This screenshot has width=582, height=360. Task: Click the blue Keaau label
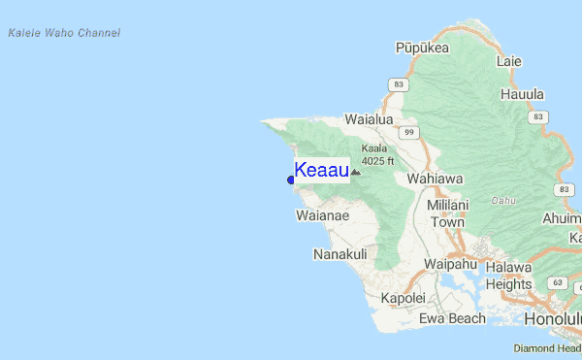coord(321,171)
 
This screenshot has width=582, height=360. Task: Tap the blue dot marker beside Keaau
coord(291,180)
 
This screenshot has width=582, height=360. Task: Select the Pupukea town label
coord(422,47)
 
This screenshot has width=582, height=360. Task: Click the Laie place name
coord(508,61)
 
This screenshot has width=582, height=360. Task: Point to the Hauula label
coord(522,94)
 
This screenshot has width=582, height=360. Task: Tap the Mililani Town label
coord(448,213)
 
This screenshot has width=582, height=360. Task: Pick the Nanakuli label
coord(339,254)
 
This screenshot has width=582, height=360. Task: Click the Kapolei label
coord(404,298)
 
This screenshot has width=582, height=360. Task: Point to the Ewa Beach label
coord(452,318)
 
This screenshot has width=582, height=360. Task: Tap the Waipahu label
coord(451,264)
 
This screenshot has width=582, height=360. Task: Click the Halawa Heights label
coord(508,276)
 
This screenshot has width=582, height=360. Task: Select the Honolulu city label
coord(552,318)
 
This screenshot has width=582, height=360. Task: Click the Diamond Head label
coord(547,347)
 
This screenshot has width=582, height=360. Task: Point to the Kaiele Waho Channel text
coord(63,33)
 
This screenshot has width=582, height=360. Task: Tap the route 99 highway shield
coord(410,132)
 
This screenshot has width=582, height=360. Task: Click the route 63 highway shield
coord(557,283)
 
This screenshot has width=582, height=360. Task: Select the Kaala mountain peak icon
coord(355,172)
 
